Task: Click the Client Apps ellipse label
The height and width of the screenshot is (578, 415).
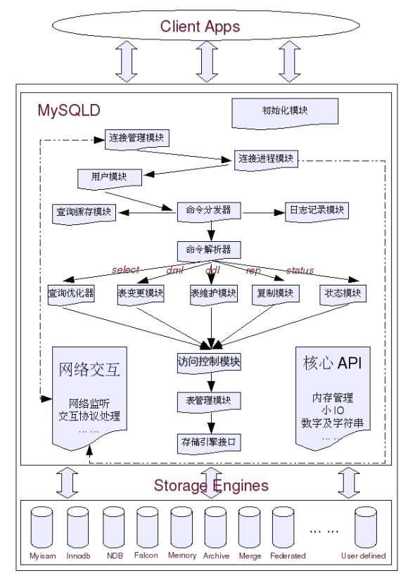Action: (x=200, y=27)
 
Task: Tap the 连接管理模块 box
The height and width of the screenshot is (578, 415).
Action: (x=137, y=137)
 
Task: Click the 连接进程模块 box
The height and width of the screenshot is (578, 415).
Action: (x=267, y=159)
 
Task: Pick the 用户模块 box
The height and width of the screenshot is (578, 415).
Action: (x=109, y=177)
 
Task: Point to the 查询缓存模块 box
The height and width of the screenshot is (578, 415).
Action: (x=85, y=211)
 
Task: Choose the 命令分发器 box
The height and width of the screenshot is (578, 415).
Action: (x=209, y=210)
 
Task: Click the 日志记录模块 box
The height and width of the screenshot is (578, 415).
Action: (x=317, y=210)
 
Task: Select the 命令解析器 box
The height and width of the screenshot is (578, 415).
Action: (x=209, y=250)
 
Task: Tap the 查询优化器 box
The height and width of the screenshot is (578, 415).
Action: (x=71, y=293)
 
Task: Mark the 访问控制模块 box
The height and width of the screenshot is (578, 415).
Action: (x=209, y=362)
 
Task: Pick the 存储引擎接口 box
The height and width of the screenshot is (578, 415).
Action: (x=209, y=442)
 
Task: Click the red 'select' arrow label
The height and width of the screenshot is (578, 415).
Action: (x=125, y=270)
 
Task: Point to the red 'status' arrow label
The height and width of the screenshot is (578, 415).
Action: (x=300, y=270)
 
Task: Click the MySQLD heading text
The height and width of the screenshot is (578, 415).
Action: (x=69, y=110)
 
